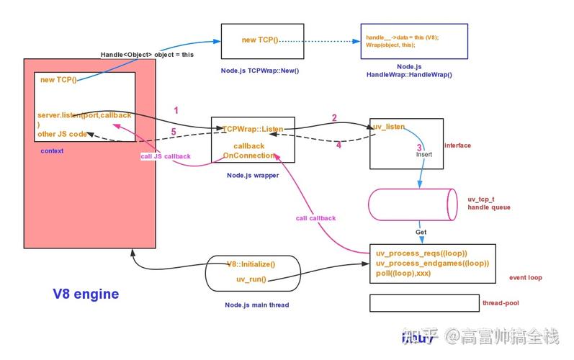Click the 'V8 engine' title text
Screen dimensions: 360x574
[86, 294]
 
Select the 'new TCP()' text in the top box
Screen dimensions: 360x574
[260, 40]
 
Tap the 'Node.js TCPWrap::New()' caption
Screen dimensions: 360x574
[260, 71]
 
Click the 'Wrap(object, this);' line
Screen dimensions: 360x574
[391, 45]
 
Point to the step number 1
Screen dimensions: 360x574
[176, 110]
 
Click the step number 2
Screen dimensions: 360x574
[334, 117]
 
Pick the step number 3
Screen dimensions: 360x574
[418, 147]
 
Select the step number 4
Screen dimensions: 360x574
[338, 145]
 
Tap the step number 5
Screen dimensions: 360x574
[173, 132]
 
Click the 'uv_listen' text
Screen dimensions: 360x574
[389, 127]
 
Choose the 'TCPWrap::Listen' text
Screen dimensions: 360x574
[253, 129]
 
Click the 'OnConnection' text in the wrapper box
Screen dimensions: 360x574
[249, 156]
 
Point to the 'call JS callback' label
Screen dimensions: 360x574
[166, 156]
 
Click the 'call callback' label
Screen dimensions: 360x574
[315, 217]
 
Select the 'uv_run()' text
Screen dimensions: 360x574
[251, 279]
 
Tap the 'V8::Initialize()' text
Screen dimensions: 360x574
[251, 264]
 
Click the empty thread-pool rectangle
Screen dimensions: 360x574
[423, 303]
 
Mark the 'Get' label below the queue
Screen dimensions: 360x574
[421, 233]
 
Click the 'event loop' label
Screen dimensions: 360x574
[525, 277]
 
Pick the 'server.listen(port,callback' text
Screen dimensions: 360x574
[84, 115]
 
